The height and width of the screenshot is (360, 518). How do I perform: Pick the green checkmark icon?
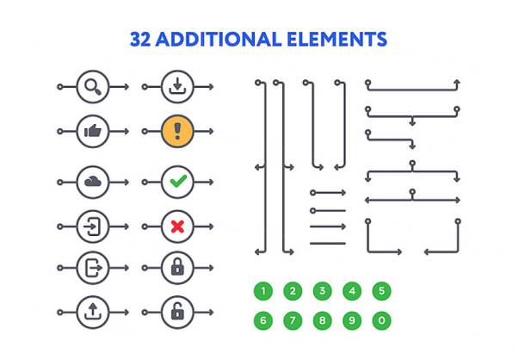(177, 182)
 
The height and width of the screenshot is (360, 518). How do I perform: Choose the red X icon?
(177, 227)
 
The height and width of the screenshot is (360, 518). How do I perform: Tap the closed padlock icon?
(177, 267)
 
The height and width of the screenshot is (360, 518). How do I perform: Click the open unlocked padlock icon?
(177, 311)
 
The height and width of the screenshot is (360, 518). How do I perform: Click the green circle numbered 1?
(263, 290)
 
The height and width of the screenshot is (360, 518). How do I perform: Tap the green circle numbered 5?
(381, 290)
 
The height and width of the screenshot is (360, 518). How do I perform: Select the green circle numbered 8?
(322, 320)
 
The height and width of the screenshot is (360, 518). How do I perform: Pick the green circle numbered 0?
(381, 320)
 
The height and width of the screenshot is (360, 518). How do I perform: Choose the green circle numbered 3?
(322, 290)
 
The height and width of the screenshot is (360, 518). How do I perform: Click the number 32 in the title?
(140, 40)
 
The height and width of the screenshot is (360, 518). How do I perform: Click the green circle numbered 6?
(263, 320)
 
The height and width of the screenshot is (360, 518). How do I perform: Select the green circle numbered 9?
(352, 320)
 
